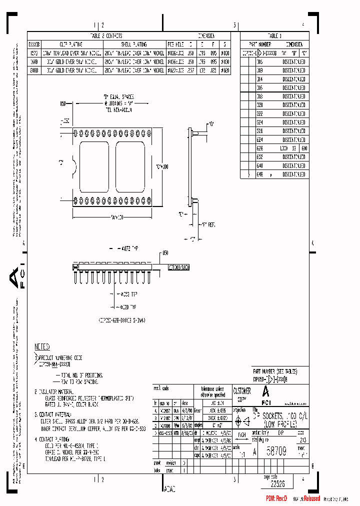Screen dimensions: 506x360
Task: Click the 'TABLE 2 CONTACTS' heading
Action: click(x=105, y=36)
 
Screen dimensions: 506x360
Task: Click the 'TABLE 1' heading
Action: click(x=274, y=36)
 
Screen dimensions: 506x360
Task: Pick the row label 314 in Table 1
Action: click(x=259, y=79)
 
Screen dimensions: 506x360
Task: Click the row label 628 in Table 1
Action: click(x=259, y=148)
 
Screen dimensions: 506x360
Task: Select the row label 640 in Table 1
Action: click(x=259, y=165)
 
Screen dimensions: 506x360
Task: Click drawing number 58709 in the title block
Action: click(x=275, y=451)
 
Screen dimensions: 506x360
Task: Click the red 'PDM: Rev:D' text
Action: click(x=276, y=499)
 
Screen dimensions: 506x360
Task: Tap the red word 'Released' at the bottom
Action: click(x=311, y=498)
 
